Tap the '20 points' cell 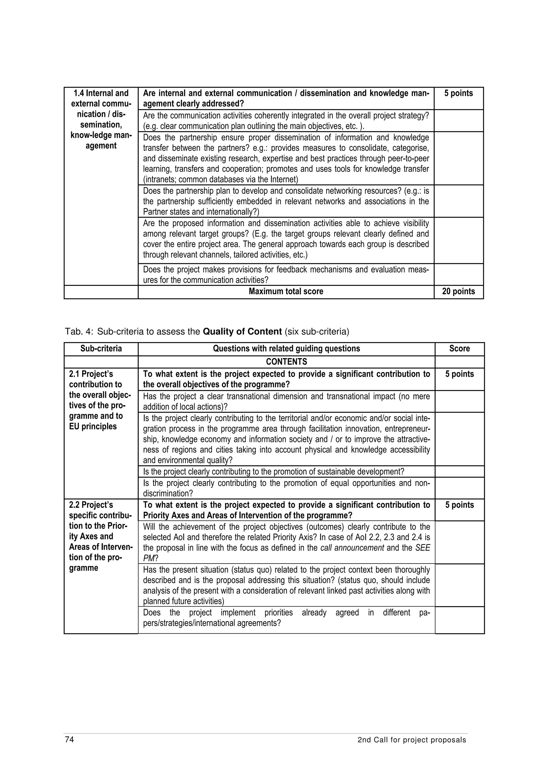[x=458, y=291]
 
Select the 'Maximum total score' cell [x=286, y=291]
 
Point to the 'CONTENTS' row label [x=286, y=362]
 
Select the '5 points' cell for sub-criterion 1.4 [x=458, y=93]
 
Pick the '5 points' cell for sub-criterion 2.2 [x=459, y=505]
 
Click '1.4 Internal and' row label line [x=101, y=93]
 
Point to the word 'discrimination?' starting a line [x=168, y=493]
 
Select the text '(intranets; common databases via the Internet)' [x=220, y=179]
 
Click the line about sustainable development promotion [x=274, y=472]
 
